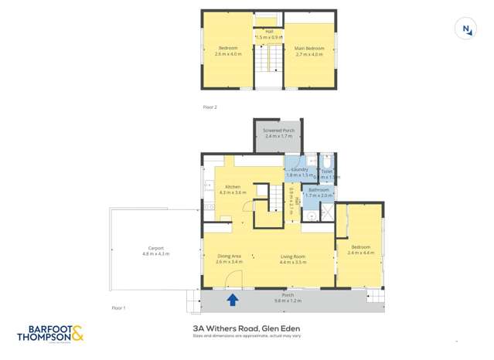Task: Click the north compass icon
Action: click(x=466, y=29)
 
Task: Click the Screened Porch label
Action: click(x=278, y=131)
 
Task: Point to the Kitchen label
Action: click(x=232, y=186)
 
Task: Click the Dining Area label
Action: click(x=230, y=256)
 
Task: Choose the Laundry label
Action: click(x=300, y=169)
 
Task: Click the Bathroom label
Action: click(x=318, y=189)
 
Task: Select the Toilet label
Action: click(x=327, y=172)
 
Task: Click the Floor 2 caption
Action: click(x=210, y=107)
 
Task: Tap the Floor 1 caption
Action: click(x=118, y=308)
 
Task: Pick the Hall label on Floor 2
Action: click(x=269, y=32)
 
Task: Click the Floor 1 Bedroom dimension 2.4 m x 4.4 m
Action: click(x=361, y=253)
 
